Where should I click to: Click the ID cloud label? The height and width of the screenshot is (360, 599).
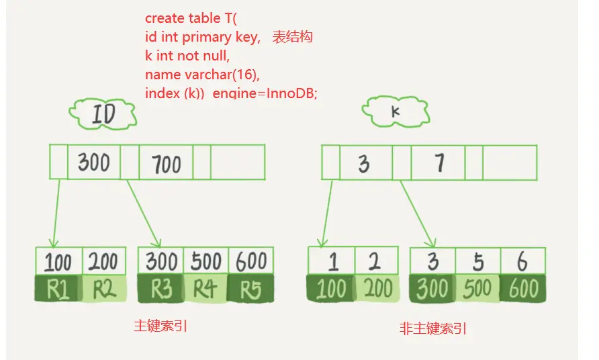[x=103, y=114]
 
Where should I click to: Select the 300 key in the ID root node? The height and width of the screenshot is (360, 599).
[x=93, y=162]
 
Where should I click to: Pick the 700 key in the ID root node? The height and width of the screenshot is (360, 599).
[x=165, y=163]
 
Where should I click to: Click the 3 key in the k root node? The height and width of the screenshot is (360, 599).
[x=363, y=163]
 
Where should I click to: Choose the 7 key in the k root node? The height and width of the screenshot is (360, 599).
[x=438, y=163]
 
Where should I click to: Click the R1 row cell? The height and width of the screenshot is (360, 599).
[x=59, y=289]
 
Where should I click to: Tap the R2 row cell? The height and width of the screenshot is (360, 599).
[x=104, y=289]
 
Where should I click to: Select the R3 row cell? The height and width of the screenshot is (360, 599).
[x=161, y=289]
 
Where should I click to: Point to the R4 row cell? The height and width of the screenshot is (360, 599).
[x=205, y=289]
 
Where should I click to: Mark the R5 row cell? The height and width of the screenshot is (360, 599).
[x=250, y=289]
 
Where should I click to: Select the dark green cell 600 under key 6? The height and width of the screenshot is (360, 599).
[x=523, y=289]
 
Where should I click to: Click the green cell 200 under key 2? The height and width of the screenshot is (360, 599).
[x=377, y=289]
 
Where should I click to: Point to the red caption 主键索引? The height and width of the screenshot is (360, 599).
[x=160, y=326]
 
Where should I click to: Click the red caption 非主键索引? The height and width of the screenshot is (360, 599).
[x=433, y=329]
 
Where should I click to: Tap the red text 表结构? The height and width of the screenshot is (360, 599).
[x=292, y=38]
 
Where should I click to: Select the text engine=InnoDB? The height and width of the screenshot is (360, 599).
[x=265, y=93]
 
